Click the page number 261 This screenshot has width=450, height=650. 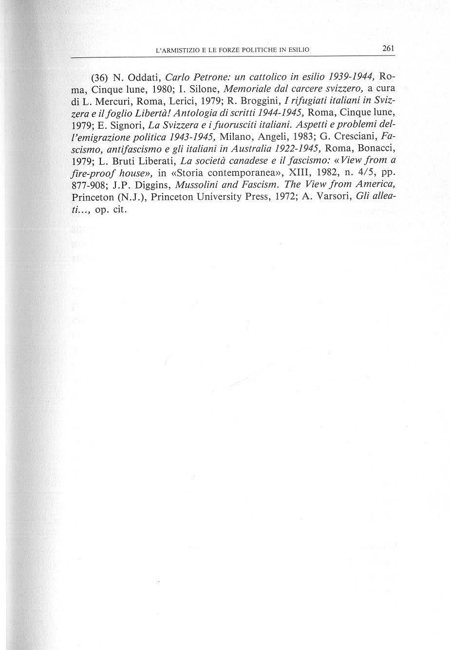point(388,48)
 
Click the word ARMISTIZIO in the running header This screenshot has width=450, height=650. point(182,50)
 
